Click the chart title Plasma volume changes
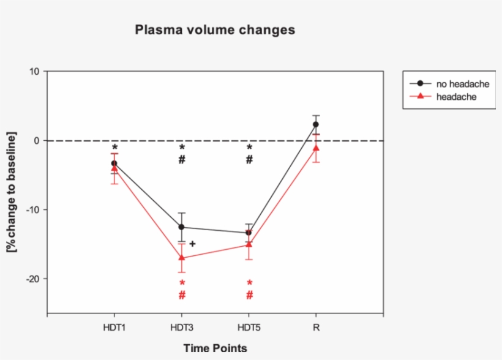(x=215, y=29)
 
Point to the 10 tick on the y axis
(x=35, y=72)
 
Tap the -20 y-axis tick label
(x=32, y=279)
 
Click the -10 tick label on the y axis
(x=32, y=209)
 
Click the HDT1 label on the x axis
(x=114, y=328)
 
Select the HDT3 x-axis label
(x=182, y=328)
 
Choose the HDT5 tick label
(x=249, y=328)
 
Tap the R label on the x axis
(x=316, y=328)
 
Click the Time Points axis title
(x=215, y=348)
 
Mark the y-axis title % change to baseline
(x=12, y=192)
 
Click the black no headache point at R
(x=316, y=124)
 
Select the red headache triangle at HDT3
(x=182, y=258)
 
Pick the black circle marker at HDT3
(x=182, y=227)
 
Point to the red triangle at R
(x=316, y=148)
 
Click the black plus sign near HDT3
(x=192, y=244)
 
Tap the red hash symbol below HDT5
(x=249, y=295)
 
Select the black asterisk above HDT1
(x=114, y=148)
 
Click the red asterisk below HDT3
(x=182, y=283)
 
